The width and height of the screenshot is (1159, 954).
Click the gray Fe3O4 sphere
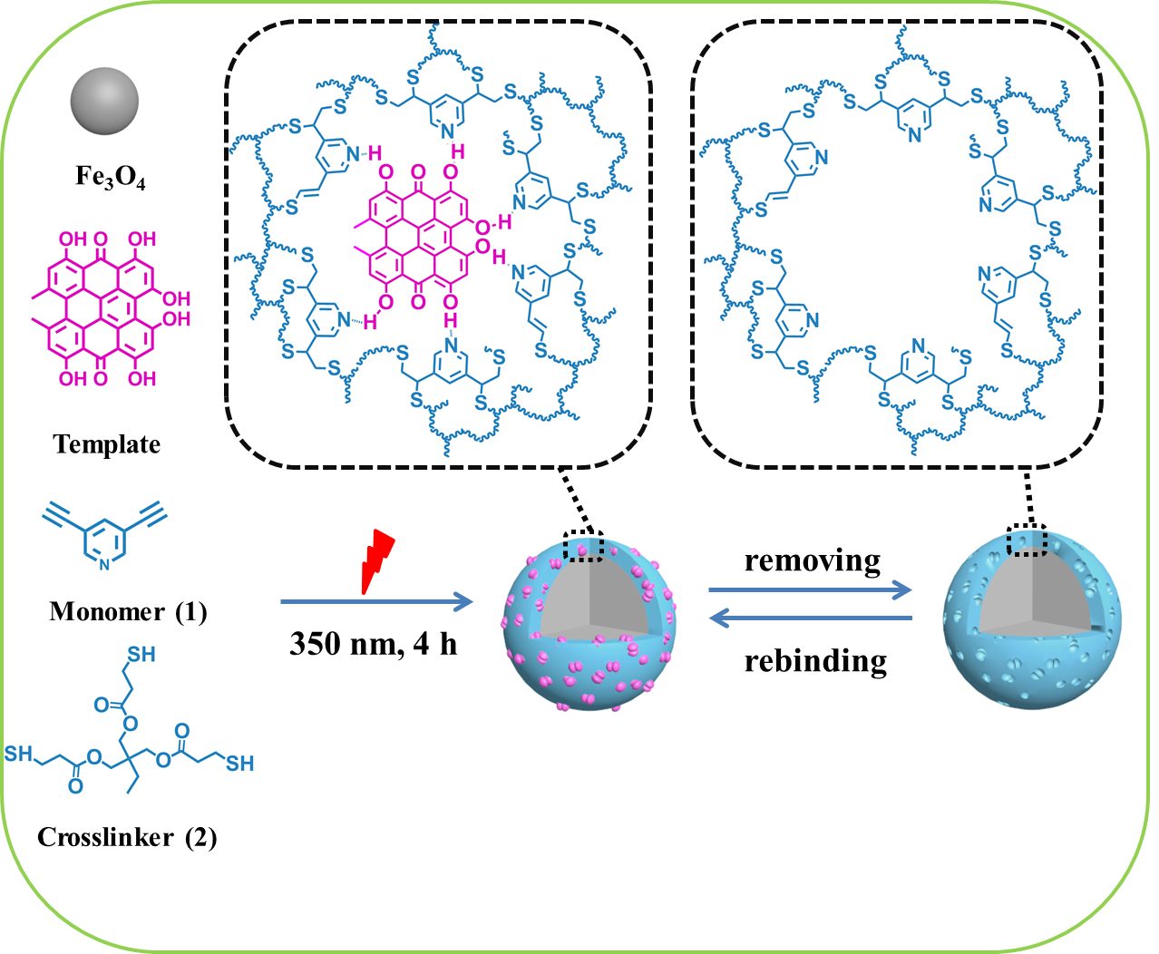104,102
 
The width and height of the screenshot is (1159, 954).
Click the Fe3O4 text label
110,177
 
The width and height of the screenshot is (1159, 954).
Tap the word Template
107,444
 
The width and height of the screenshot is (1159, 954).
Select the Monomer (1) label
128,611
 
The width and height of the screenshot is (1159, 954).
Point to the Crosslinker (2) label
127,838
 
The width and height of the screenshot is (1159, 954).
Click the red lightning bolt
377,561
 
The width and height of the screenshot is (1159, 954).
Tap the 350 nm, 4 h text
373,644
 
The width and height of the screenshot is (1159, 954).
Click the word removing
813,560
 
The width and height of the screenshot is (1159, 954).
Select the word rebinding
815,661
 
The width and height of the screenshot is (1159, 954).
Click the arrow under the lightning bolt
377,601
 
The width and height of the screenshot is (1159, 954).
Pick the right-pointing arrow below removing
810,589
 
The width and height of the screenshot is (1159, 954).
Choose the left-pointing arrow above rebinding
811,618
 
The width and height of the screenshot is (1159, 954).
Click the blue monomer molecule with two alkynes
104,535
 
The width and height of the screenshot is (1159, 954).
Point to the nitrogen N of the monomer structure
104,564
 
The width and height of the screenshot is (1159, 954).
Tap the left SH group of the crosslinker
18,754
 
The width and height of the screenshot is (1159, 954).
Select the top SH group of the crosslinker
141,655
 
